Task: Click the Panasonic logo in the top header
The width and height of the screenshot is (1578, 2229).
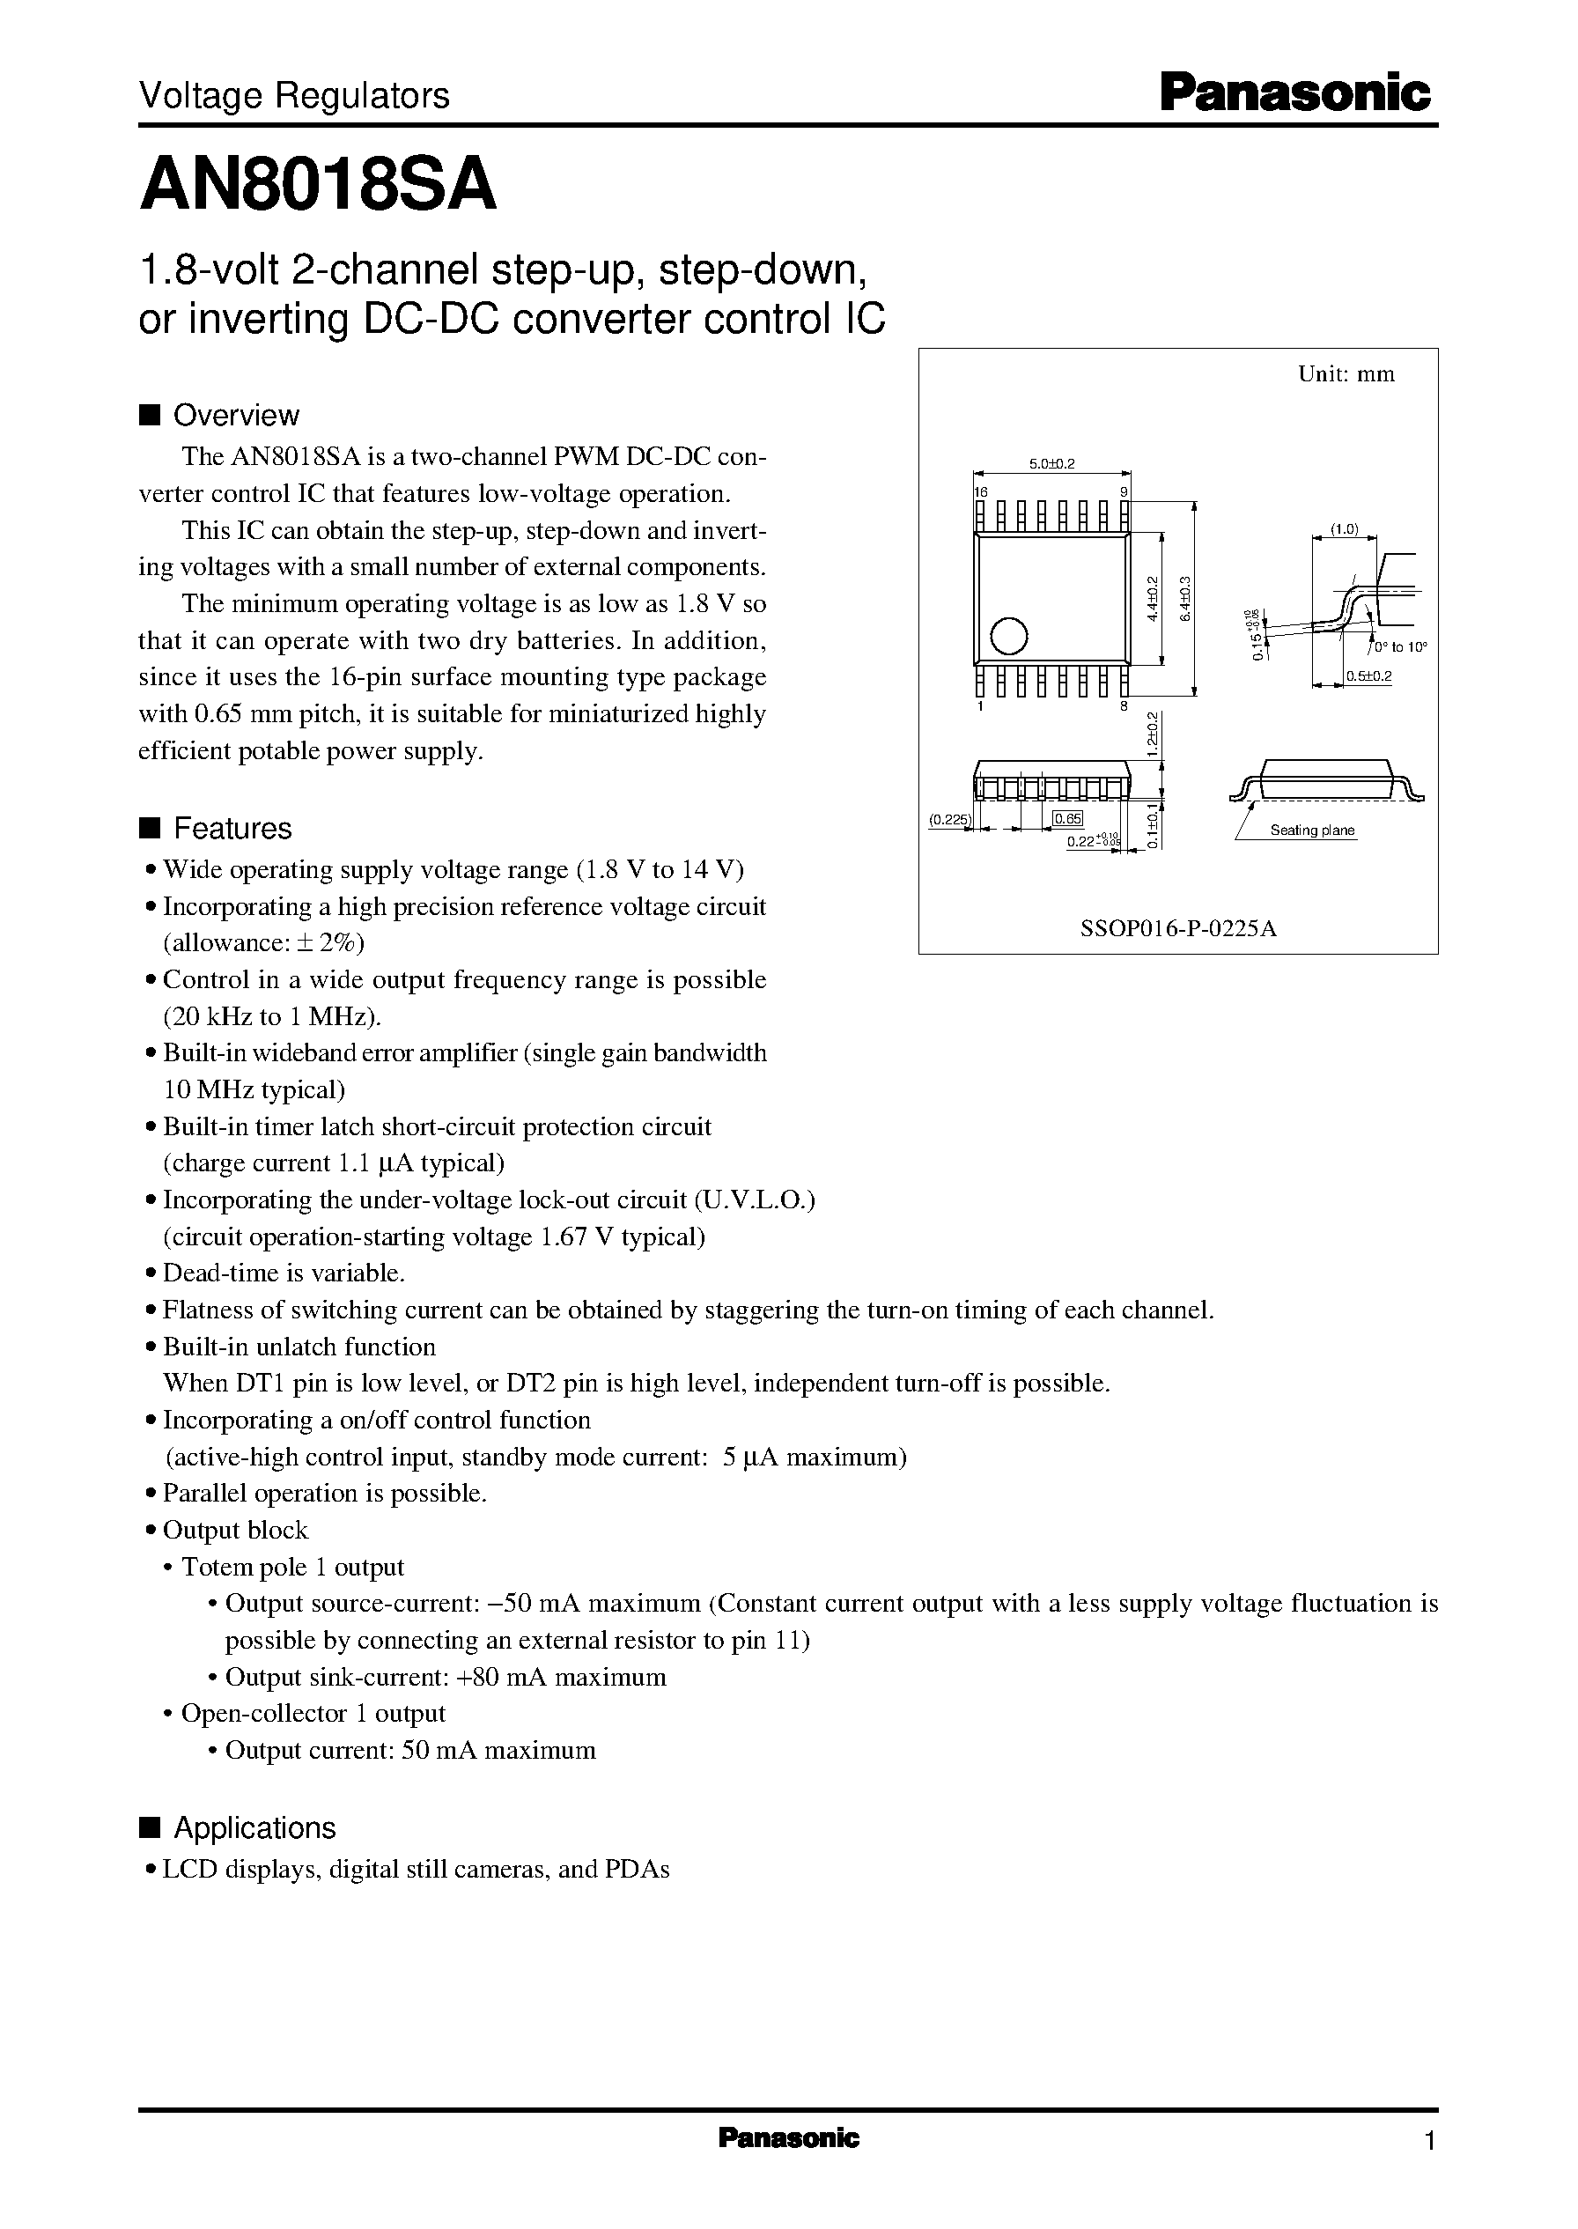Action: coord(1295,93)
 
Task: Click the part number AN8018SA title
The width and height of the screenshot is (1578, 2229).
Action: coord(318,187)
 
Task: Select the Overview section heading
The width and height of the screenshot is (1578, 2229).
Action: coord(235,415)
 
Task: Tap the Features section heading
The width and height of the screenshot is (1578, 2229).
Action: coord(232,828)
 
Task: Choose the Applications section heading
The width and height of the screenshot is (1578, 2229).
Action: coord(254,1827)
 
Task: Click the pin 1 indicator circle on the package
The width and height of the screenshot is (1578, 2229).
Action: coord(1008,637)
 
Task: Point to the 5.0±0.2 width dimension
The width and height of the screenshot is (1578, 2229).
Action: coord(1051,463)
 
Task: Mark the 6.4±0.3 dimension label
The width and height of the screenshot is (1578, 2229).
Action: coord(1183,601)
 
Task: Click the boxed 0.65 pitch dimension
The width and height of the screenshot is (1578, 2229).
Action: coord(1068,819)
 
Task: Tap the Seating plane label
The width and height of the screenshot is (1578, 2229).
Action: coord(1312,830)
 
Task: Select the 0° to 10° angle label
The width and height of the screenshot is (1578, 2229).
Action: coord(1399,647)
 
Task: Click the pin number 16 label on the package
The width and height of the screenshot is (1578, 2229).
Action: coord(980,492)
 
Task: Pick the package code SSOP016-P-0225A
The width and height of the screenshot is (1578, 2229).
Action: coord(1177,928)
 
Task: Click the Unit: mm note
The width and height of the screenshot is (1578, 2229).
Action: coord(1346,374)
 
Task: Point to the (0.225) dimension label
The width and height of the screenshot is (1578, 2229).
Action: coord(948,820)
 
